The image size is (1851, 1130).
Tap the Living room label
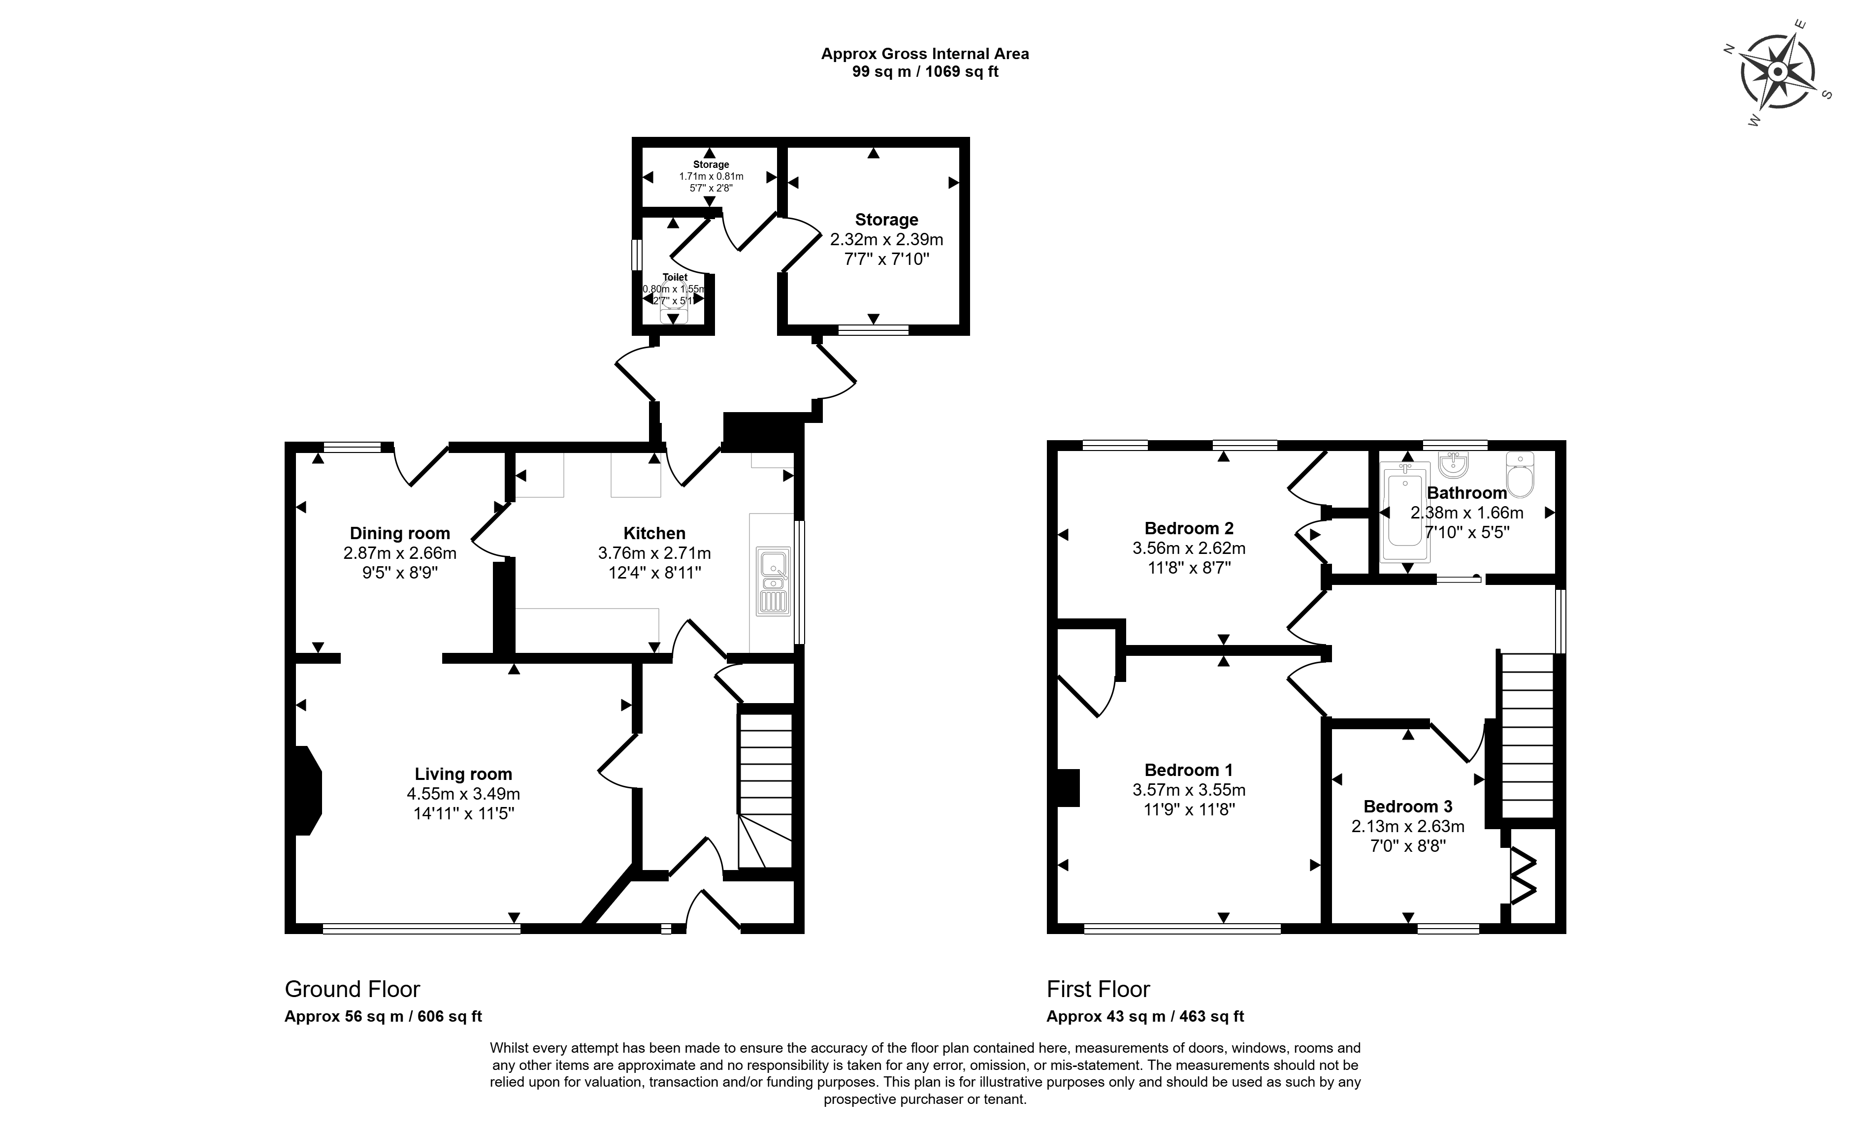pos(463,774)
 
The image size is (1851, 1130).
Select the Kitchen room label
pos(654,533)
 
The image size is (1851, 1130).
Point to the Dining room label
pos(400,533)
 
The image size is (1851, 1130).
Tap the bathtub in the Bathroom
pos(1407,512)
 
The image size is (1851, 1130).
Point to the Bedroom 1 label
pos(1188,770)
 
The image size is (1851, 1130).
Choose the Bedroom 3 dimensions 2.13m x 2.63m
pos(1408,827)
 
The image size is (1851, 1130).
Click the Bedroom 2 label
pos(1188,528)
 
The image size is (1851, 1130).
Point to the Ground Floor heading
pos(352,989)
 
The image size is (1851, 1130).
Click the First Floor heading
pos(1098,989)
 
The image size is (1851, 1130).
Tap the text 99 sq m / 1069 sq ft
pos(925,72)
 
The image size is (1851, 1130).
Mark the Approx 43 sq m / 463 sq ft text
pos(1145,1017)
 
